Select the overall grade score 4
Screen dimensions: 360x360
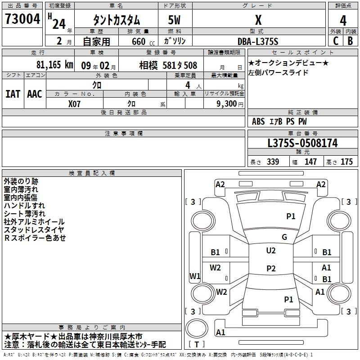pos(343,21)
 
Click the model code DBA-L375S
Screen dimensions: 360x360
pos(258,41)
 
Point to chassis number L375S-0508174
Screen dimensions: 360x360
pos(302,143)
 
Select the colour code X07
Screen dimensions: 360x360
pos(75,103)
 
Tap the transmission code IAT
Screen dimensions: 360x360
pos(13,94)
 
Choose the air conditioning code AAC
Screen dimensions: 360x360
pos(35,94)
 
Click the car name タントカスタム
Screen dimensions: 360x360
pos(116,20)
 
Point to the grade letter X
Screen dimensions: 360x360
pos(258,20)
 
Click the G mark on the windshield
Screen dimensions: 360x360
pos(284,237)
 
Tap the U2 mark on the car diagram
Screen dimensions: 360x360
pos(271,251)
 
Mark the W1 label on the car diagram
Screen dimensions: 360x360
pos(195,276)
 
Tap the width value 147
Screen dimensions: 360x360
pos(310,162)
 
